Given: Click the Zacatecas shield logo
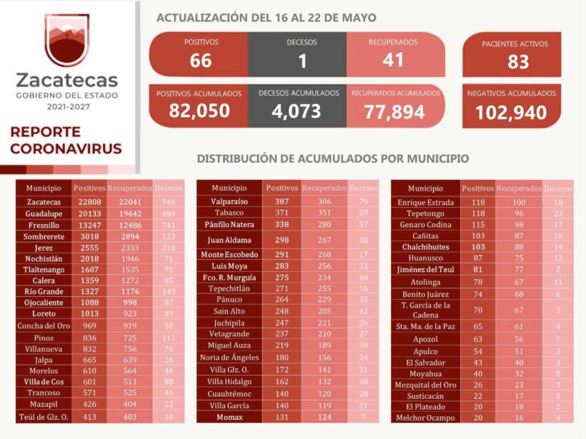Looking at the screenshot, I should click(x=66, y=41).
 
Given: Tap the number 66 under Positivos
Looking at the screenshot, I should click(x=201, y=61).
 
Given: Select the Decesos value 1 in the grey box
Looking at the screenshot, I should click(x=302, y=61).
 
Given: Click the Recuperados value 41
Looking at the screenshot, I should click(x=392, y=60).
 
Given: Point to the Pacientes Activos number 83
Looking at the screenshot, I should click(x=518, y=62).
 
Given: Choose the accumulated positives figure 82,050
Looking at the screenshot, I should click(x=199, y=111).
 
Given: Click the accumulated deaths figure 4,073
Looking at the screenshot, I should click(x=299, y=111).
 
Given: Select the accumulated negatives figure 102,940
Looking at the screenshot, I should click(x=511, y=112).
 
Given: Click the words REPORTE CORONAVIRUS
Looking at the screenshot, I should click(x=66, y=141).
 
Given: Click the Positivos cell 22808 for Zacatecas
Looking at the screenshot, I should click(x=89, y=202).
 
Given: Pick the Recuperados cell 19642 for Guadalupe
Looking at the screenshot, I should click(x=130, y=214).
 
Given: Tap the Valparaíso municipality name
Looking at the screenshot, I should click(x=229, y=202).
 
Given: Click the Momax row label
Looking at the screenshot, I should click(x=229, y=416).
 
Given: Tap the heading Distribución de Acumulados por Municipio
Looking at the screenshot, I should click(x=333, y=158).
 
